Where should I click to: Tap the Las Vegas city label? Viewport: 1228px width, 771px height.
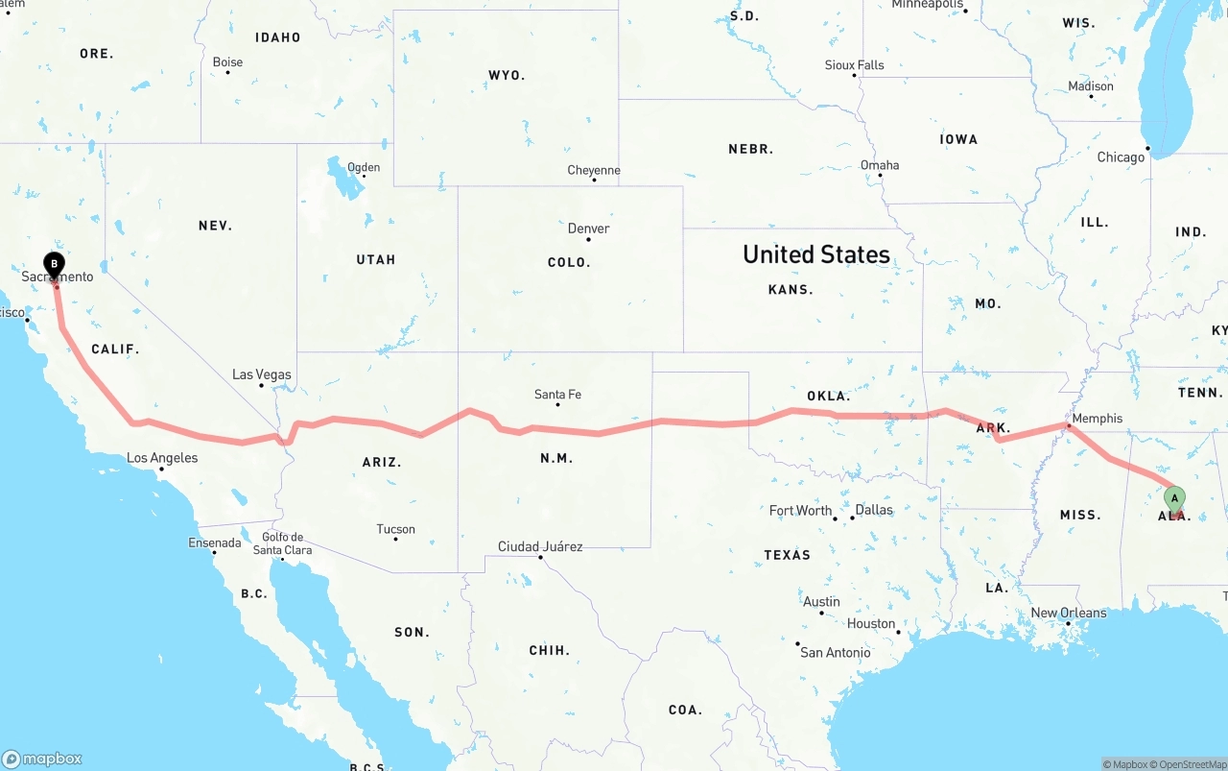261,374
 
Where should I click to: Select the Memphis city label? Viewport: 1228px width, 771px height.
1098,419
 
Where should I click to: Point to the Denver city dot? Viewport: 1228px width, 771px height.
588,239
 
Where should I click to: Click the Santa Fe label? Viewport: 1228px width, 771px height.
557,395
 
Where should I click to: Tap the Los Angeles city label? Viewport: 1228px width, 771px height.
162,458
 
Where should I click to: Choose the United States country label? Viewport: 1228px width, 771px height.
815,254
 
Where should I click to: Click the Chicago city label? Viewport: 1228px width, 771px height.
1121,157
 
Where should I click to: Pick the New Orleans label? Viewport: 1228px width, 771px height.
1068,613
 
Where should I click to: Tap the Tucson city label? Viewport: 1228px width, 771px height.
395,529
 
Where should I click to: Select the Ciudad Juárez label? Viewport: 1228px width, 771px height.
539,546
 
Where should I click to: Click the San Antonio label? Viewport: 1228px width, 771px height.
835,653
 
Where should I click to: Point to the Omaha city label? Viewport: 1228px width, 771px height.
879,165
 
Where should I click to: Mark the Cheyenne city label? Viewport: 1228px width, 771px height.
594,170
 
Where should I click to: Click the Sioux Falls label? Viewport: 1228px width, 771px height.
854,65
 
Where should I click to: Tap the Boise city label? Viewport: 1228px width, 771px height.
227,62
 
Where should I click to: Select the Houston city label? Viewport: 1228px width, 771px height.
870,623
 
